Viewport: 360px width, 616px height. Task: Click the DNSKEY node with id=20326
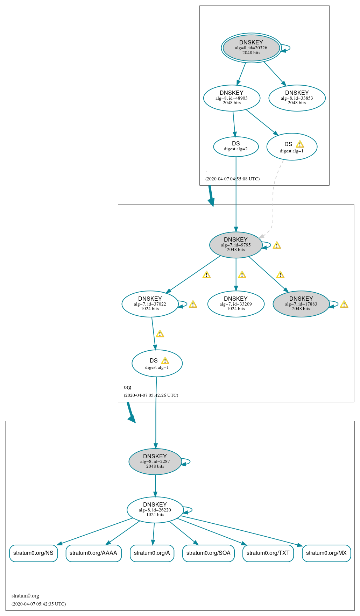(251, 48)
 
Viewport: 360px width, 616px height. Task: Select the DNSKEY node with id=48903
(232, 98)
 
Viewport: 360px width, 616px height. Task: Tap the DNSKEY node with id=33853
(297, 98)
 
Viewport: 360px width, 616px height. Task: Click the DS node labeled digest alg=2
(236, 146)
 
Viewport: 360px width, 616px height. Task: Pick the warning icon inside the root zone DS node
(300, 144)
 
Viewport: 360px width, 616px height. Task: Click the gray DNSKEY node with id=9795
(236, 245)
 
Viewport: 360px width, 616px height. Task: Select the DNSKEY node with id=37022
(150, 304)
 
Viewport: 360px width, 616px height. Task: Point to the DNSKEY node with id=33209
(236, 304)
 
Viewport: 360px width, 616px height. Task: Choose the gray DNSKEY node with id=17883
(301, 304)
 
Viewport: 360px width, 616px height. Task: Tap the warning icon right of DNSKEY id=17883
(344, 304)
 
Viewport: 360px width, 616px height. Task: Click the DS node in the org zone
(157, 364)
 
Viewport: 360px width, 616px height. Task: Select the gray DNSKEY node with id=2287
(155, 461)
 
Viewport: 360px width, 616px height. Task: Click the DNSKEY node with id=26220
(155, 510)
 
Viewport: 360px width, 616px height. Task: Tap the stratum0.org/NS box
(34, 553)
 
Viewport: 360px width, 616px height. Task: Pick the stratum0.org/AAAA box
(93, 553)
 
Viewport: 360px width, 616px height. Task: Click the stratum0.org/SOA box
(209, 553)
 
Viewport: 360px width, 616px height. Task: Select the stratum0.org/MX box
(326, 553)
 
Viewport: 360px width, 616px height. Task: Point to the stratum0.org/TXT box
(268, 553)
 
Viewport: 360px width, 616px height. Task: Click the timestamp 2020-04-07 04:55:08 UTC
(232, 179)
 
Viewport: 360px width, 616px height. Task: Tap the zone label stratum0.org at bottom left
(25, 596)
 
